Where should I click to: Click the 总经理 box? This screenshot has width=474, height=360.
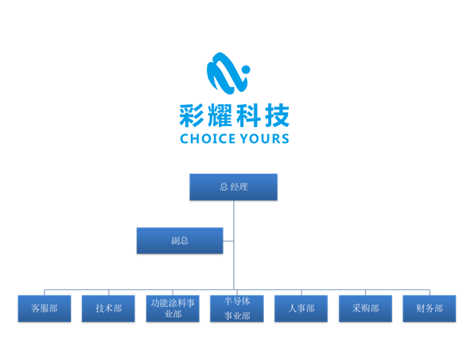pyautogui.click(x=233, y=187)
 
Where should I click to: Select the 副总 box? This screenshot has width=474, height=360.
pyautogui.click(x=180, y=241)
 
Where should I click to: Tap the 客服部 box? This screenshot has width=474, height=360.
pyautogui.click(x=45, y=308)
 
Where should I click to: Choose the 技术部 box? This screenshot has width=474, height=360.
pyautogui.click(x=108, y=308)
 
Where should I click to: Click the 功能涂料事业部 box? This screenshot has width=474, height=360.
pyautogui.click(x=173, y=308)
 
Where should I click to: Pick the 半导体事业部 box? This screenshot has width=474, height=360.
pyautogui.click(x=237, y=308)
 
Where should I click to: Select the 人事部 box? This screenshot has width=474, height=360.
pyautogui.click(x=301, y=308)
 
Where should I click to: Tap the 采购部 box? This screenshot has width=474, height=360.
pyautogui.click(x=366, y=308)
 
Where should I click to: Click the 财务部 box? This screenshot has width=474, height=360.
pyautogui.click(x=429, y=308)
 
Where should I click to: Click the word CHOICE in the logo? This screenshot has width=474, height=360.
pyautogui.click(x=208, y=138)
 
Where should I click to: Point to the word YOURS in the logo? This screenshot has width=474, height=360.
pyautogui.click(x=265, y=138)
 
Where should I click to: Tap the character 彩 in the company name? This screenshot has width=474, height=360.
pyautogui.click(x=192, y=115)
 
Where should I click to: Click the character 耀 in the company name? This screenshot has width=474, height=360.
pyautogui.click(x=220, y=115)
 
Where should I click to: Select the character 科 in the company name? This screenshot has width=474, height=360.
pyautogui.click(x=248, y=115)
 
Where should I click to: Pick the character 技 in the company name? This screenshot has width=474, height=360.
pyautogui.click(x=277, y=115)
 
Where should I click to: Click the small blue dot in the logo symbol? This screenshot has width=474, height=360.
pyautogui.click(x=246, y=70)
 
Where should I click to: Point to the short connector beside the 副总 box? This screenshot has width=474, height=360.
pyautogui.click(x=228, y=241)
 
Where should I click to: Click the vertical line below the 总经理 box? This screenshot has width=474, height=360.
pyautogui.click(x=234, y=245)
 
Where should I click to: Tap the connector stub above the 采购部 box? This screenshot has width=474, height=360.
pyautogui.click(x=366, y=292)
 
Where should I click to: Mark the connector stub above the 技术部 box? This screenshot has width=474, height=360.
pyautogui.click(x=108, y=292)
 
